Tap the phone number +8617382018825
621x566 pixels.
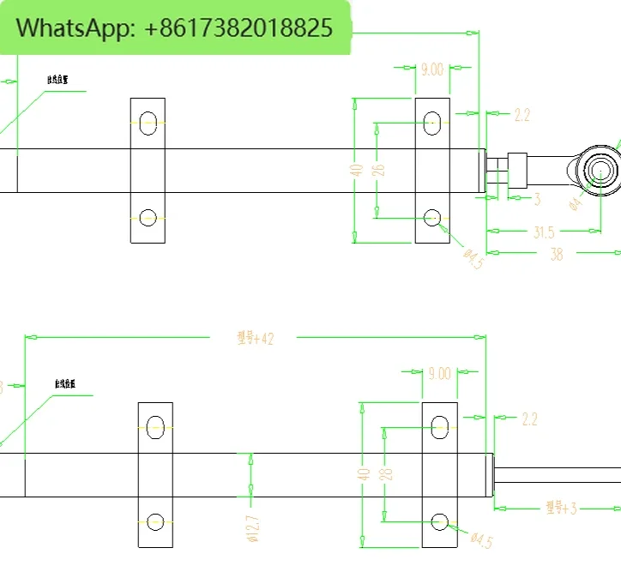tap(233, 27)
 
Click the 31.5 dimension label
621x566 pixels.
tap(544, 232)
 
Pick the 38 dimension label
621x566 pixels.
tap(556, 253)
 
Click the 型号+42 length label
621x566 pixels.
tap(255, 338)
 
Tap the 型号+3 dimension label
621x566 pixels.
tap(561, 509)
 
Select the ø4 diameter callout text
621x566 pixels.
tap(576, 202)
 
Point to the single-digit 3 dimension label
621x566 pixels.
tap(537, 199)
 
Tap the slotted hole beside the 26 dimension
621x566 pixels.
tap(432, 122)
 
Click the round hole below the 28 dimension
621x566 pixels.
tap(440, 520)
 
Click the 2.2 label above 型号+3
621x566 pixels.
tap(529, 419)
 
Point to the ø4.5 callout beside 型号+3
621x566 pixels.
tap(482, 540)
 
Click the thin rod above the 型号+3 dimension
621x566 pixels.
tap(558, 474)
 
